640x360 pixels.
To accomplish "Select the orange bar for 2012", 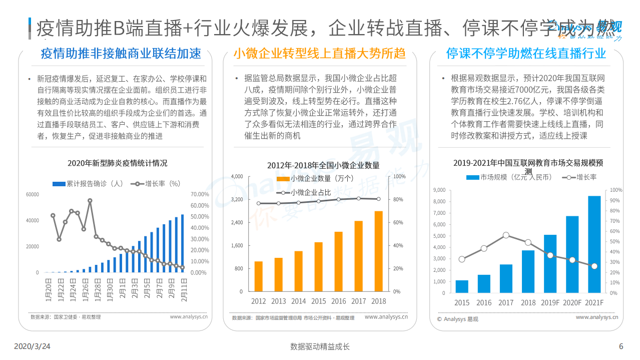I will click(x=259, y=276).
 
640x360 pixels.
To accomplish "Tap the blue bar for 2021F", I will click(x=594, y=244).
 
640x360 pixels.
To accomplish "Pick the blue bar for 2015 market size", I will click(x=462, y=286).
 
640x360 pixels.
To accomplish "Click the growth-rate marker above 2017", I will click(x=506, y=235).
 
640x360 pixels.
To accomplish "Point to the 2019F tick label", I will click(x=550, y=303).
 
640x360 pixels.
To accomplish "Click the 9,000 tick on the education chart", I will click(x=438, y=190).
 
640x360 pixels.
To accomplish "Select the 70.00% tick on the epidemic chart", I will click(x=200, y=194).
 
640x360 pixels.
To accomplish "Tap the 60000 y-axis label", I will click(x=32, y=194).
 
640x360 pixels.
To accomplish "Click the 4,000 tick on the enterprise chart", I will click(x=237, y=176).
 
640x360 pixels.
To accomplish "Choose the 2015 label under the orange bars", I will click(x=318, y=301).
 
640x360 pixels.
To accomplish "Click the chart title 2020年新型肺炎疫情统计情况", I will click(x=118, y=163).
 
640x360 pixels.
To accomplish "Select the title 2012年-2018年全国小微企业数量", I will click(x=323, y=165).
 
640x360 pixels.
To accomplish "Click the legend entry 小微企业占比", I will click(x=310, y=192).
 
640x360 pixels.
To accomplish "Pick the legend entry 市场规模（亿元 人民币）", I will click(x=509, y=177).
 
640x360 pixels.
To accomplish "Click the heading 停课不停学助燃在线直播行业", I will click(x=526, y=54).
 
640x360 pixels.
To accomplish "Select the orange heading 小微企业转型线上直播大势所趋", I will click(x=319, y=54).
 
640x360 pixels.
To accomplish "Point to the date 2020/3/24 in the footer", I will click(x=32, y=346).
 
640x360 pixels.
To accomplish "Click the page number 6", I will click(x=621, y=346).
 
